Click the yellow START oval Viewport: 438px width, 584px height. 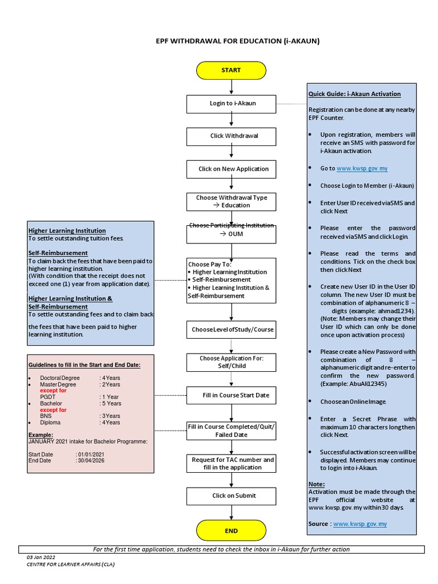tap(231, 70)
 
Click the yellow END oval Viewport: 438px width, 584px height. tap(231, 531)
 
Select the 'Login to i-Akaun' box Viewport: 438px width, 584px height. tap(231, 103)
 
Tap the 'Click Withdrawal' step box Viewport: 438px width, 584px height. tap(231, 136)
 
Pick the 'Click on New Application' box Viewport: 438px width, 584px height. tap(231, 169)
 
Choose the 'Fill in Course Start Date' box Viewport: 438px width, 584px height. tap(231, 395)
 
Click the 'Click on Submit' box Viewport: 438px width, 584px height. tap(231, 496)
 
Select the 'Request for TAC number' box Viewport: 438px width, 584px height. tap(231, 463)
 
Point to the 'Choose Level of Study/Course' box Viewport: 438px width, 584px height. tap(231, 330)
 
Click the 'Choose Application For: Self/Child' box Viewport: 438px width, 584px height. tap(231, 362)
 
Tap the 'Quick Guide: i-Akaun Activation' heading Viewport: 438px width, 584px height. tap(354, 94)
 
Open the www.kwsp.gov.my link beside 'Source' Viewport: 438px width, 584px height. tap(360, 524)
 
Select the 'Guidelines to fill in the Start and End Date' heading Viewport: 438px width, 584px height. tap(84, 365)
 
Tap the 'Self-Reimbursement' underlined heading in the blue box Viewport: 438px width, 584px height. tap(58, 253)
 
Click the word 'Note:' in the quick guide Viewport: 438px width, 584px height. tap(316, 484)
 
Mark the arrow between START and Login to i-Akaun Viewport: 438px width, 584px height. tap(231, 87)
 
